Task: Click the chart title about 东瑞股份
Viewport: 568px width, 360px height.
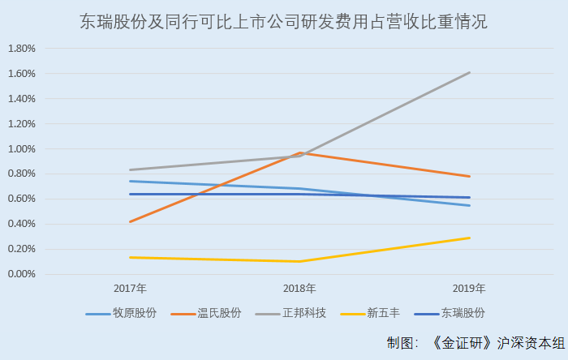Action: click(x=284, y=22)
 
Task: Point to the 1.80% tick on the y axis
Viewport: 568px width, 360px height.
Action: click(x=21, y=49)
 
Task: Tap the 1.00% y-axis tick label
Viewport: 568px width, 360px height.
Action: click(x=21, y=149)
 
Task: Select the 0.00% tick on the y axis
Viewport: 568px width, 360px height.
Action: click(x=21, y=274)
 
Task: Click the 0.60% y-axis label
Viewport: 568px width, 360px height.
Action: click(x=21, y=199)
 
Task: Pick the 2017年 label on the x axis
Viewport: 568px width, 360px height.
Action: click(x=130, y=289)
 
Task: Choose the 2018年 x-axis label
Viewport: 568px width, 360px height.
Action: click(x=299, y=289)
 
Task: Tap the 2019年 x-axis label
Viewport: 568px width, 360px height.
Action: click(x=469, y=289)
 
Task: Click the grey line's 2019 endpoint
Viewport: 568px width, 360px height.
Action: click(x=470, y=72)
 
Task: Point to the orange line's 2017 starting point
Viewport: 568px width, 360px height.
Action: click(x=130, y=221)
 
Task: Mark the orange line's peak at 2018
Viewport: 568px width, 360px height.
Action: click(x=299, y=152)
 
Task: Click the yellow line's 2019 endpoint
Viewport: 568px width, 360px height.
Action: click(x=470, y=238)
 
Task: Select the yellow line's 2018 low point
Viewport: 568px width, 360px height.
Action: click(x=299, y=261)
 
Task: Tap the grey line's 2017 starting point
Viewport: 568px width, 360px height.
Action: click(x=130, y=170)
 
